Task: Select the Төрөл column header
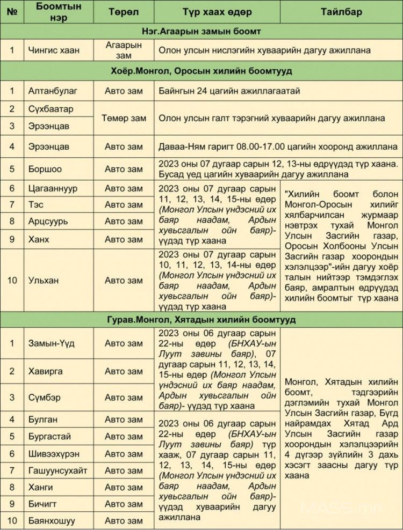pyautogui.click(x=124, y=12)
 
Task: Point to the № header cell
pyautogui.click(x=11, y=12)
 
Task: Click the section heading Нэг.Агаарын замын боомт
pyautogui.click(x=201, y=31)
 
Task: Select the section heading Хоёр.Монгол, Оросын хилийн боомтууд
pyautogui.click(x=201, y=71)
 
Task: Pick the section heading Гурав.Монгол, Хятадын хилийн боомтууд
pyautogui.click(x=201, y=319)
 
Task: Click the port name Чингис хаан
pyautogui.click(x=54, y=51)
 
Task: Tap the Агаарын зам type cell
pyautogui.click(x=124, y=51)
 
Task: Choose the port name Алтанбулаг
pyautogui.click(x=51, y=90)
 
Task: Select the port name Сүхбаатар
pyautogui.click(x=51, y=109)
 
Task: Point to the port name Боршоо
pyautogui.click(x=45, y=169)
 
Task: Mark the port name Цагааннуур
pyautogui.click(x=54, y=189)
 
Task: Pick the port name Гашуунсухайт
pyautogui.click(x=57, y=470)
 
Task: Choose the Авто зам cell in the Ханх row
pyautogui.click(x=124, y=239)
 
